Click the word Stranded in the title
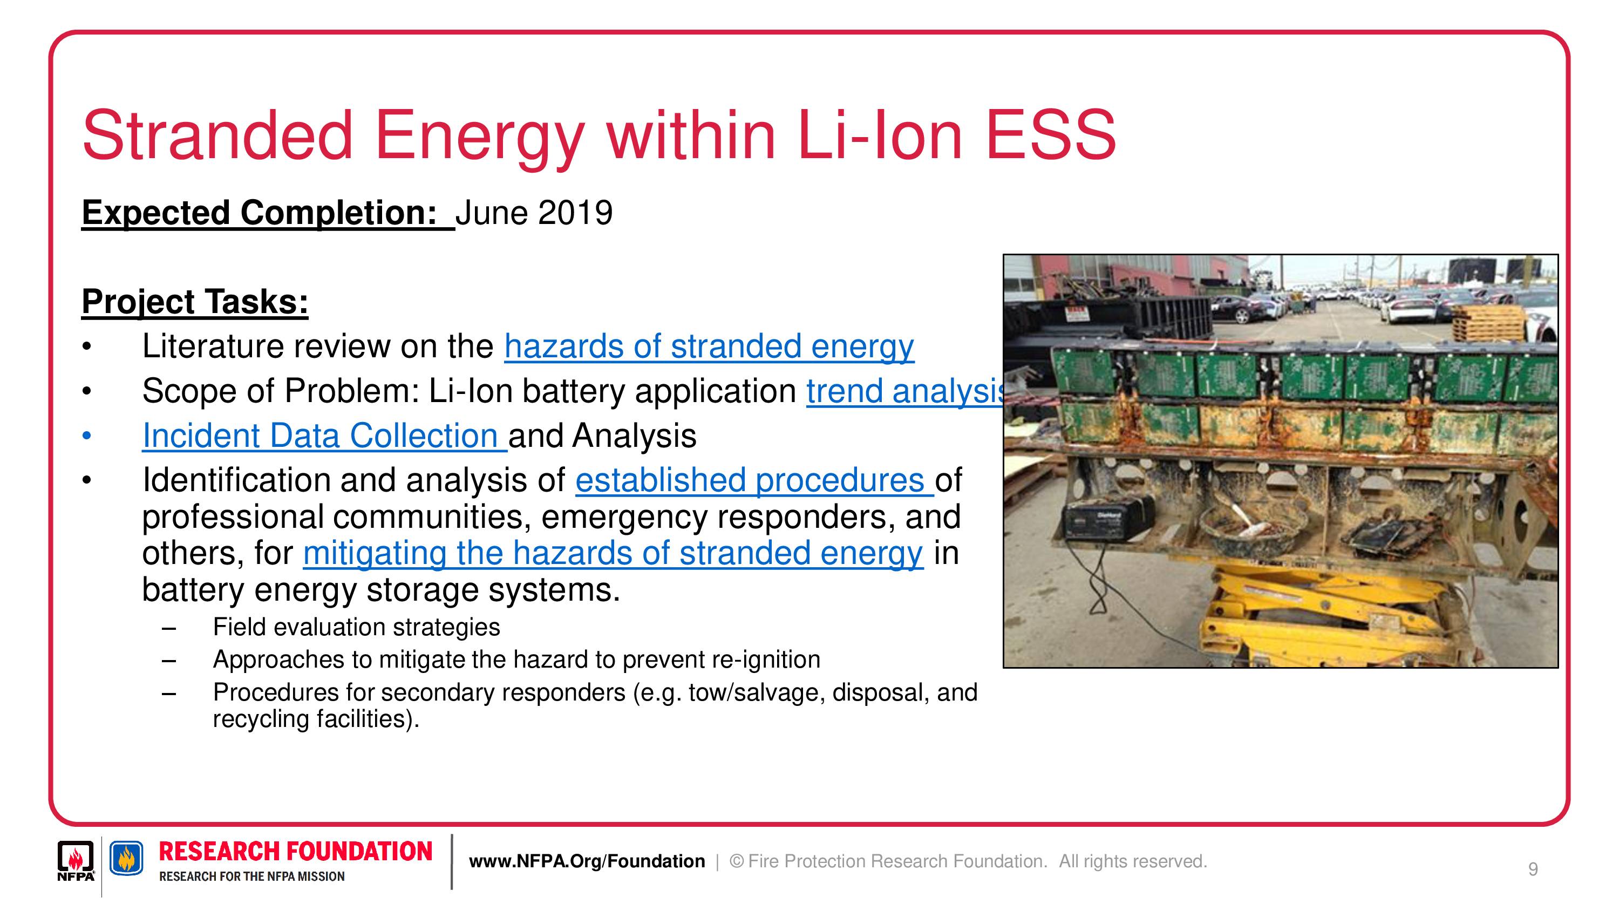click(217, 135)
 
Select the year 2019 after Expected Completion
click(575, 213)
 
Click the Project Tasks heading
click(195, 302)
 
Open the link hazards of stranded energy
click(709, 347)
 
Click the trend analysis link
click(905, 392)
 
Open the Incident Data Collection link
click(324, 436)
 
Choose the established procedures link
click(754, 481)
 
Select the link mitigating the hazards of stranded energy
click(613, 554)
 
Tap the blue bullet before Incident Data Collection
click(87, 436)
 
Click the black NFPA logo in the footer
click(76, 861)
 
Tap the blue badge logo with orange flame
click(126, 858)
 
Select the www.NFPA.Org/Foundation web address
click(587, 861)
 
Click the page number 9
click(1533, 869)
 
